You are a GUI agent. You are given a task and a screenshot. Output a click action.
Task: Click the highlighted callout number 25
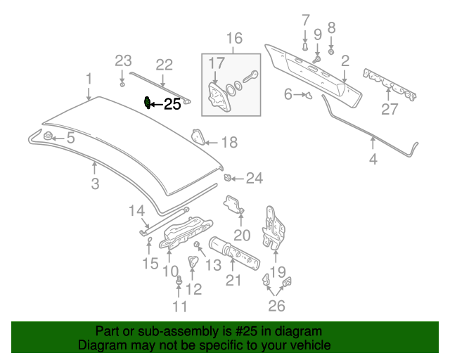(x=172, y=105)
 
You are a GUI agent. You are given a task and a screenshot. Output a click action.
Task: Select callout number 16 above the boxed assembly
(x=233, y=39)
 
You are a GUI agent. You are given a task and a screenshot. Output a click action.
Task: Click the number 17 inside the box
(x=214, y=64)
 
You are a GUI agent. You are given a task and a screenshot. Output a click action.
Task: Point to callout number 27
(x=390, y=109)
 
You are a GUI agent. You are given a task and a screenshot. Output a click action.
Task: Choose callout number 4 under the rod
(x=373, y=160)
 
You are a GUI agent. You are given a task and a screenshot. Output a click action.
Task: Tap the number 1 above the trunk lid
(x=89, y=78)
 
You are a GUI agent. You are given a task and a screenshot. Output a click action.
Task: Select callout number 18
(x=229, y=143)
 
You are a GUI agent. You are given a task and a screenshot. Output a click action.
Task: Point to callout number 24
(x=254, y=179)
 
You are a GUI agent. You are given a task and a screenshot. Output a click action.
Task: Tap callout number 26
(x=278, y=306)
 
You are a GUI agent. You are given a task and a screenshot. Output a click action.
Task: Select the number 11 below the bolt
(x=179, y=307)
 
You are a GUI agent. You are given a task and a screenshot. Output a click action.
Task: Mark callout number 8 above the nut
(x=332, y=27)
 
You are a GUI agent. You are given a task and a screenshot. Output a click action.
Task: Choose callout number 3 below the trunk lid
(x=95, y=184)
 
